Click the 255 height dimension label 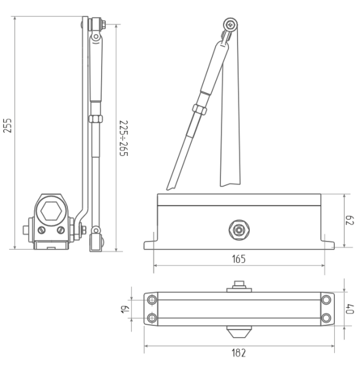tap(7, 125)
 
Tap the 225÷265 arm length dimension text tap(124, 138)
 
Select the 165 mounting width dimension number tap(239, 259)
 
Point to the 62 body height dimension tap(350, 220)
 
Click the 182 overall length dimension tap(239, 353)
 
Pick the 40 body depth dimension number tap(350, 309)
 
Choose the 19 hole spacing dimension tap(125, 310)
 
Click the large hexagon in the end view tap(51, 211)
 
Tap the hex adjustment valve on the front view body tap(239, 230)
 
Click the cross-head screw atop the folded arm tap(230, 24)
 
